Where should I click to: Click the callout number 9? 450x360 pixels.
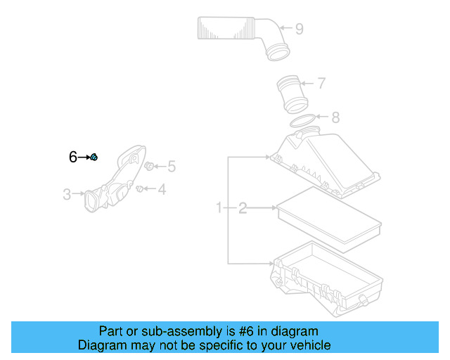(299, 29)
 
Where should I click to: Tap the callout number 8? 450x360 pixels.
(335, 117)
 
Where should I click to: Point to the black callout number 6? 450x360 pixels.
(72, 157)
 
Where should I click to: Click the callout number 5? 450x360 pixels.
(171, 167)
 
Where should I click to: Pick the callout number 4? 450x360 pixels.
(161, 189)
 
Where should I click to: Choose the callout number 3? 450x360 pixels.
(67, 194)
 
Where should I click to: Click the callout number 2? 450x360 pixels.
(243, 207)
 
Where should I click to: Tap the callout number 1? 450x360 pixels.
(219, 207)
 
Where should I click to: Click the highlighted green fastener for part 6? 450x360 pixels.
(94, 157)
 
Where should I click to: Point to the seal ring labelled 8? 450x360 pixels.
(303, 121)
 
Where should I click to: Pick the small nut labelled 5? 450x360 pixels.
(149, 166)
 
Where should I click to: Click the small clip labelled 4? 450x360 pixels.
(141, 188)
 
